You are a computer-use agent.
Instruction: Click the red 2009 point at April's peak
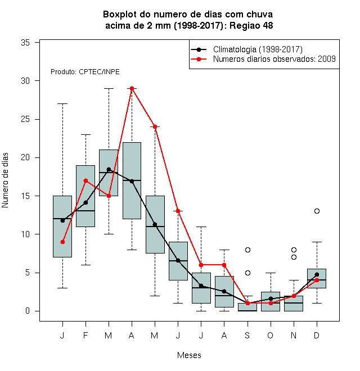132,88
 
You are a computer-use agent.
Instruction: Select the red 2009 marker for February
85,181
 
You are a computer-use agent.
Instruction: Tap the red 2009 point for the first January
62,242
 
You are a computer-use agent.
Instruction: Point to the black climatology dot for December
317,274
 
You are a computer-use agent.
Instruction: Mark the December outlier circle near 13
317,211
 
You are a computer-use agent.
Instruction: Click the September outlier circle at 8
247,250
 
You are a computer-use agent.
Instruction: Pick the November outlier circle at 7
294,257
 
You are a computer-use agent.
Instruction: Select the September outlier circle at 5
247,273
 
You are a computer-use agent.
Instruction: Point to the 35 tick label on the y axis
25,43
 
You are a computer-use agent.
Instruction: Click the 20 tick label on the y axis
25,157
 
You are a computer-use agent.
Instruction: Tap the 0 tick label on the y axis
28,311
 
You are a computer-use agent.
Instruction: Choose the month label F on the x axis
85,335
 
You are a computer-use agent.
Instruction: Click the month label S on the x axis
247,335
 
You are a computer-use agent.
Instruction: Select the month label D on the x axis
317,335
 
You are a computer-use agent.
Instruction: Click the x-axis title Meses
189,355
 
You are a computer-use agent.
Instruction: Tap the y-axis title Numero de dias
5,180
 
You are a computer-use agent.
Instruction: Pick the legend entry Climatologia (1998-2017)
258,49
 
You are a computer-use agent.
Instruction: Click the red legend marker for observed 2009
199,59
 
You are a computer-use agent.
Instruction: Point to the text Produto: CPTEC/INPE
85,72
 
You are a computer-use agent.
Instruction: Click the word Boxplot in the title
120,15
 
